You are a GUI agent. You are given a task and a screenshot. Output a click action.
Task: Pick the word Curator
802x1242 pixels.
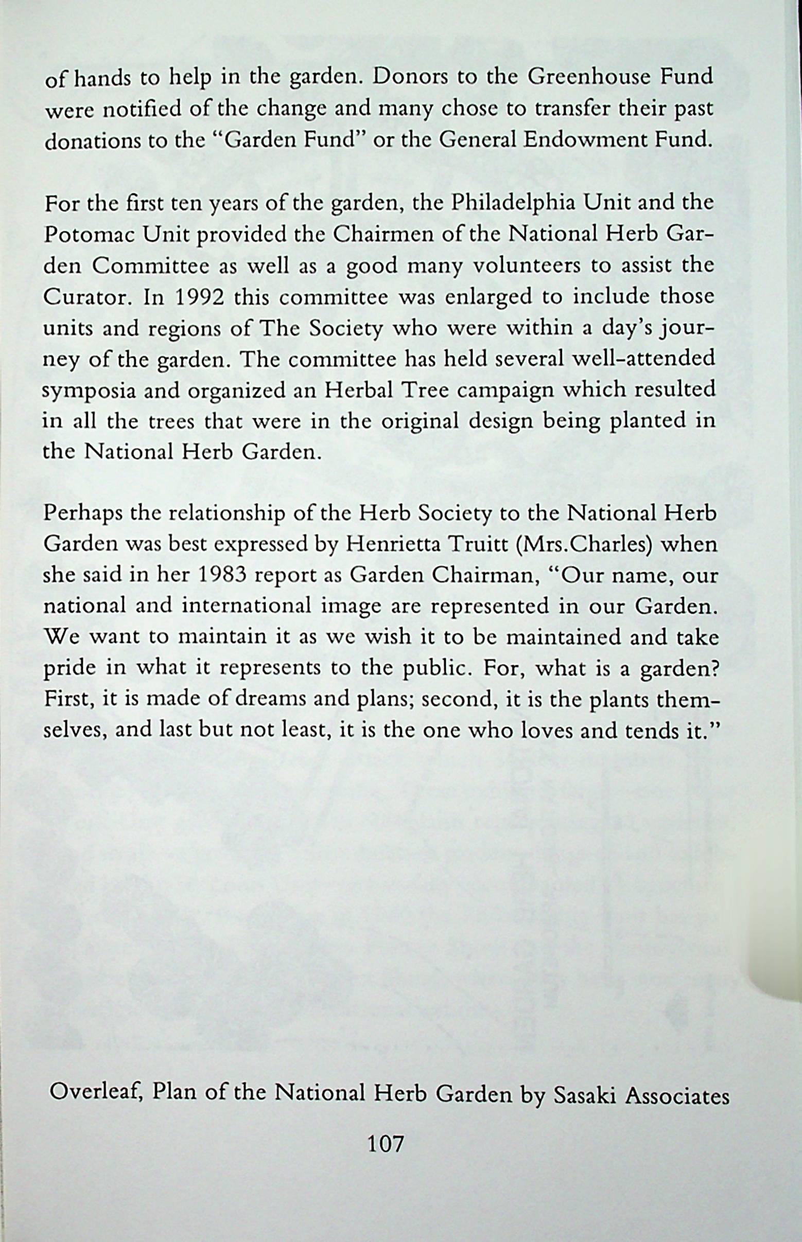coord(83,297)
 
